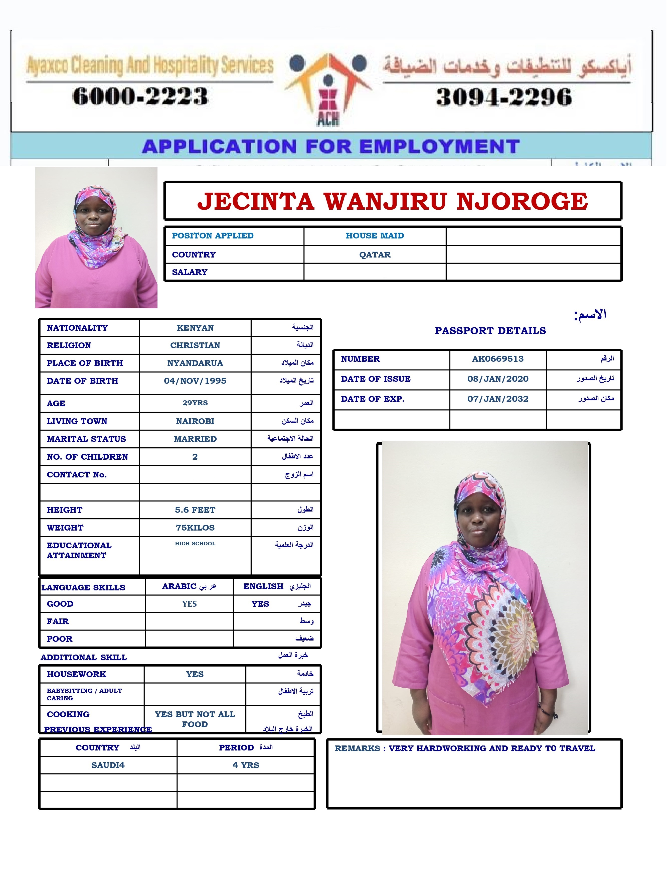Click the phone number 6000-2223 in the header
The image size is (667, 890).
coord(140,96)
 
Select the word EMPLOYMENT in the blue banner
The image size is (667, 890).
coord(439,147)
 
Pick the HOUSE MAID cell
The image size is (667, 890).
coord(375,236)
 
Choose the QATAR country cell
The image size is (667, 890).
coord(375,255)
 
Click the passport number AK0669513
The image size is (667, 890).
coord(498,359)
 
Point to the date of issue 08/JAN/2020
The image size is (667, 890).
coord(498,379)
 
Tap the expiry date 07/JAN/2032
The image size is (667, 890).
coord(498,399)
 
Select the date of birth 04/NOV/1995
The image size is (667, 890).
coord(195,381)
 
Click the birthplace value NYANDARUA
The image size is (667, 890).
coord(195,363)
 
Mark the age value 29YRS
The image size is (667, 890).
coord(195,403)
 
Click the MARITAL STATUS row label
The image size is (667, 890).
coord(86,439)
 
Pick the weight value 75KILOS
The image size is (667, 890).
coord(195,528)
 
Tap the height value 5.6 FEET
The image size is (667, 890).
coord(195,510)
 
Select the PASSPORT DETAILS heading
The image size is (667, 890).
coord(490,331)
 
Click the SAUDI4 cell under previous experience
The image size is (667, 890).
coord(108,765)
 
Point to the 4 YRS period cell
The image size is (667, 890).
coord(246,765)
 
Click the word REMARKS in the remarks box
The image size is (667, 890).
coord(357,748)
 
